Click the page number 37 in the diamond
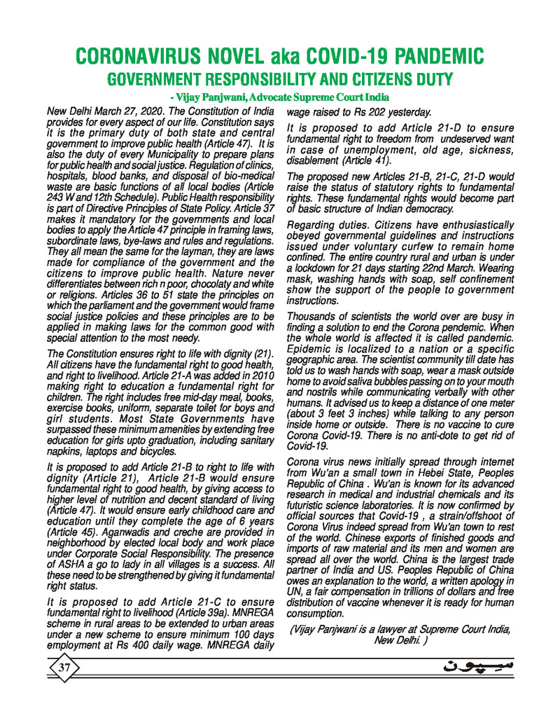coord(64,668)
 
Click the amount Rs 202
coord(371,111)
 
